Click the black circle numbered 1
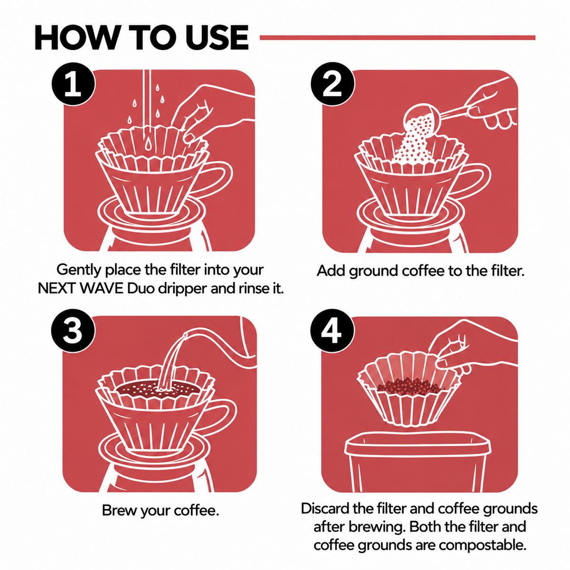pos(73,84)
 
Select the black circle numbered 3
pos(73,331)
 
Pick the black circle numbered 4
pos(332,331)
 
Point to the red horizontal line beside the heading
pos(398,38)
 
